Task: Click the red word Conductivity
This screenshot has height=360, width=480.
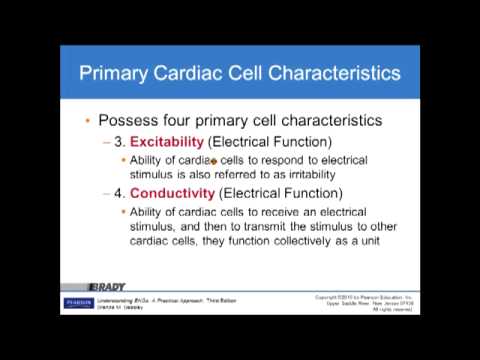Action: tap(177, 193)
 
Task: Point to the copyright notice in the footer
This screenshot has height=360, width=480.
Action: tap(364, 302)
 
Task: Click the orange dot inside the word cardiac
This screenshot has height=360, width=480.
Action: tap(214, 159)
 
